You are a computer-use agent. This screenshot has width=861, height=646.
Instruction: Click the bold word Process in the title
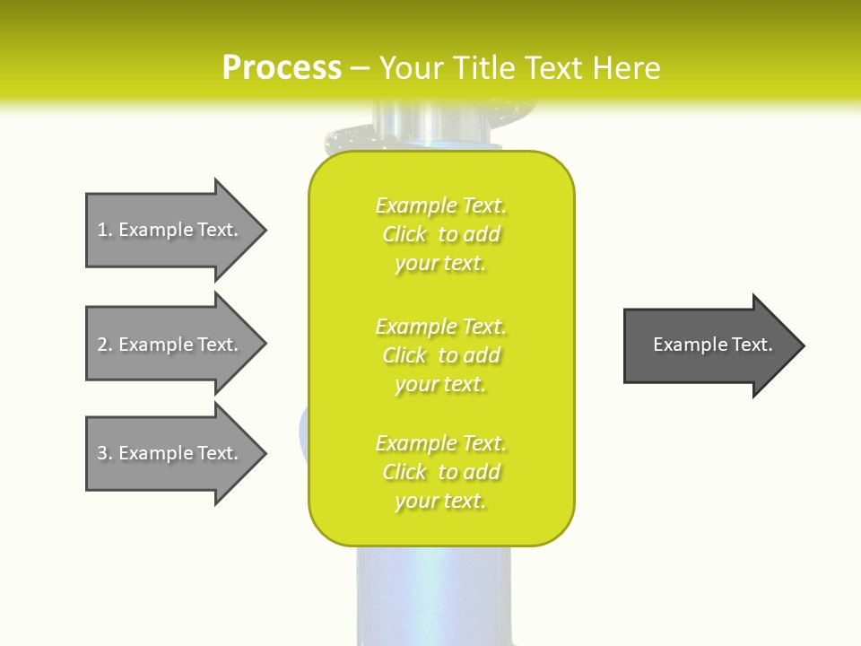pos(282,68)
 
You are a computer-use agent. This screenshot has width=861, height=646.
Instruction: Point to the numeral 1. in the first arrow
pos(104,230)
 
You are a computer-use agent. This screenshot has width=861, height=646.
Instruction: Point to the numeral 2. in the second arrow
pos(104,345)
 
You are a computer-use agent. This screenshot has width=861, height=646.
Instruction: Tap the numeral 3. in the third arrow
pos(104,453)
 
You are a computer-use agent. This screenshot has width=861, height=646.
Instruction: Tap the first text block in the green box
pos(440,234)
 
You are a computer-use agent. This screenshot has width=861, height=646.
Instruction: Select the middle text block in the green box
pos(440,355)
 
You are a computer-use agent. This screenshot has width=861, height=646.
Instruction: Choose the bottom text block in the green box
pos(440,472)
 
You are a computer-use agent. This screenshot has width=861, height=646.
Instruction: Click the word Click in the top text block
pos(404,234)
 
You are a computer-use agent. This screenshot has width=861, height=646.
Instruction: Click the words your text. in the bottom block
pos(440,502)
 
